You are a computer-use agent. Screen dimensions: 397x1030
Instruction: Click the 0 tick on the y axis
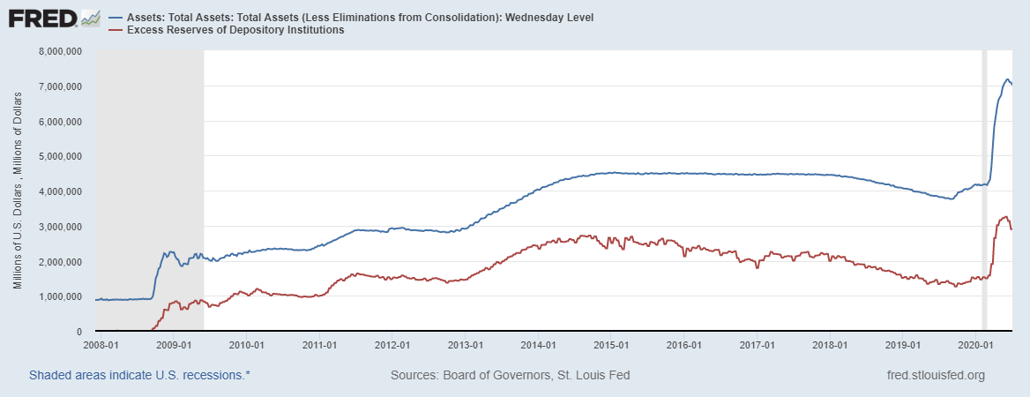pyautogui.click(x=78, y=332)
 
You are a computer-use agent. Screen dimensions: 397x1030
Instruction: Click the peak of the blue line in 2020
pyautogui.click(x=1007, y=79)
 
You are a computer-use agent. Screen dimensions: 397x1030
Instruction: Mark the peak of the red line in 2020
pyautogui.click(x=1005, y=216)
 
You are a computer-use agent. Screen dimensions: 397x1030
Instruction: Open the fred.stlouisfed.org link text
pyautogui.click(x=936, y=375)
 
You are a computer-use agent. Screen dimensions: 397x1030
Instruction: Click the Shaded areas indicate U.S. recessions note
pyautogui.click(x=139, y=375)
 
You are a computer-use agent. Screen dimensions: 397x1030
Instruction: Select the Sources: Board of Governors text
pyautogui.click(x=510, y=375)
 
